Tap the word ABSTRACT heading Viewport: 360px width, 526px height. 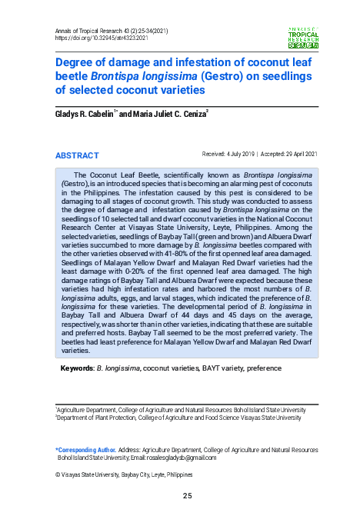coord(77,155)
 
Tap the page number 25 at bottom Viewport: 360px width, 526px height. coord(187,495)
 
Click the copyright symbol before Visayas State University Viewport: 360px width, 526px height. coord(58,476)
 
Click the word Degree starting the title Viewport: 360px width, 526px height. coord(75,64)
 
